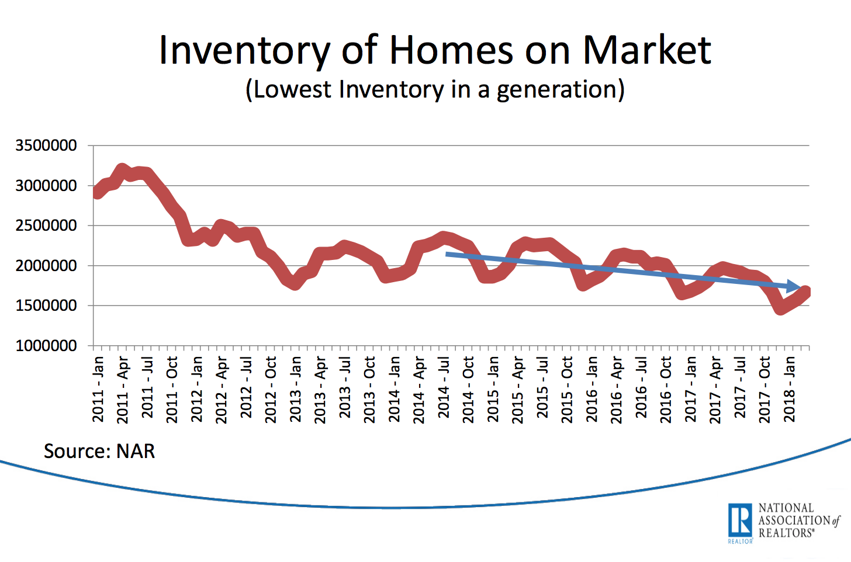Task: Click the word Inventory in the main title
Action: pos(244,50)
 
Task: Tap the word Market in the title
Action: pos(646,50)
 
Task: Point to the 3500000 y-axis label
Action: pos(46,145)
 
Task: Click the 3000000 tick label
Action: pos(46,186)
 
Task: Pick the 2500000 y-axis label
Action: pos(46,226)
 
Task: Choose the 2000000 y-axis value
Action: pos(46,266)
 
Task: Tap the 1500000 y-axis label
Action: pos(46,306)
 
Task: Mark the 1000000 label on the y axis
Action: pos(46,346)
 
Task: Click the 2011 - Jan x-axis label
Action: pos(98,389)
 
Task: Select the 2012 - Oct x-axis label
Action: pos(271,389)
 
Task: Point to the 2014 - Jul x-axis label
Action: pos(444,389)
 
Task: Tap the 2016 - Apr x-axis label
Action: pos(617,389)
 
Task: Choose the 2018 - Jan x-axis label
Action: pos(790,389)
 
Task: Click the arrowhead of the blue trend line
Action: pos(794,287)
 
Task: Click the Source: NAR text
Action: pos(99,452)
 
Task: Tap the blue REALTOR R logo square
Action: pos(740,519)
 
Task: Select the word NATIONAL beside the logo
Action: pos(786,508)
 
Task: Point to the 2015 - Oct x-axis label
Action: pos(567,389)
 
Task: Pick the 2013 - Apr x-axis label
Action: pos(320,389)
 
